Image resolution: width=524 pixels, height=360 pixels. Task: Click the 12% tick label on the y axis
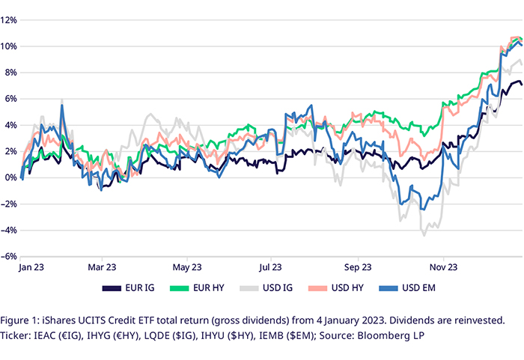(x=9, y=20)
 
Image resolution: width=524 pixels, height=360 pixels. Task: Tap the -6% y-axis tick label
(x=9, y=256)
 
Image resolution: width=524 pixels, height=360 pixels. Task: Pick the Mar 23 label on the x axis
(x=102, y=266)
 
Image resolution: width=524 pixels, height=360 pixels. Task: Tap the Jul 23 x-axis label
(x=270, y=266)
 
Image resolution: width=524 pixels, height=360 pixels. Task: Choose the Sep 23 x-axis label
(x=358, y=266)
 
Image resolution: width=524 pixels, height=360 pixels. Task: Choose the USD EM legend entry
(x=421, y=287)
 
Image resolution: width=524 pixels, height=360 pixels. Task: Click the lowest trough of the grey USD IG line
(x=424, y=235)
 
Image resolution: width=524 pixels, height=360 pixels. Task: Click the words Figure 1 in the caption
(x=30, y=320)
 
